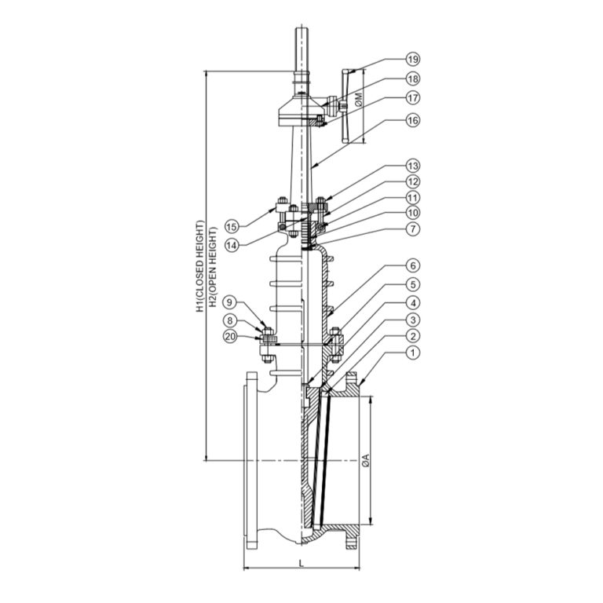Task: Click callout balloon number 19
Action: [413, 59]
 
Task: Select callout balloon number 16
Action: [413, 120]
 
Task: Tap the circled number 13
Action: [413, 166]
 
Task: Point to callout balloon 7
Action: [413, 229]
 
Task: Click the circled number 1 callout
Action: [413, 353]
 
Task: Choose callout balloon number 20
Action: [230, 337]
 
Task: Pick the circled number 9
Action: [230, 302]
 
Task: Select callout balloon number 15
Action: [232, 226]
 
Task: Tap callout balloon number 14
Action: [232, 245]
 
